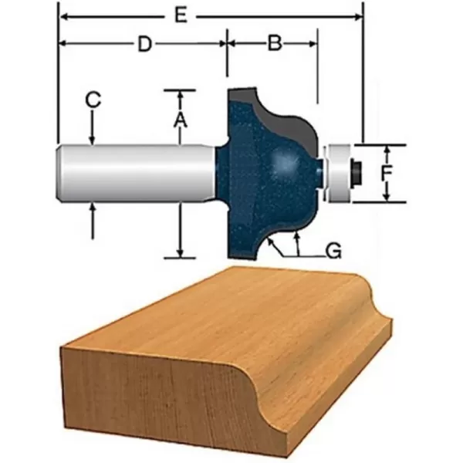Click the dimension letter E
click(180, 15)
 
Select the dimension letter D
click(143, 44)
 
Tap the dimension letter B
click(273, 44)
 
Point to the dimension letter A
click(179, 120)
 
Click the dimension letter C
click(93, 100)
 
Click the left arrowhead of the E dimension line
click(63, 15)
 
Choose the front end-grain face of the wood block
click(154, 394)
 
